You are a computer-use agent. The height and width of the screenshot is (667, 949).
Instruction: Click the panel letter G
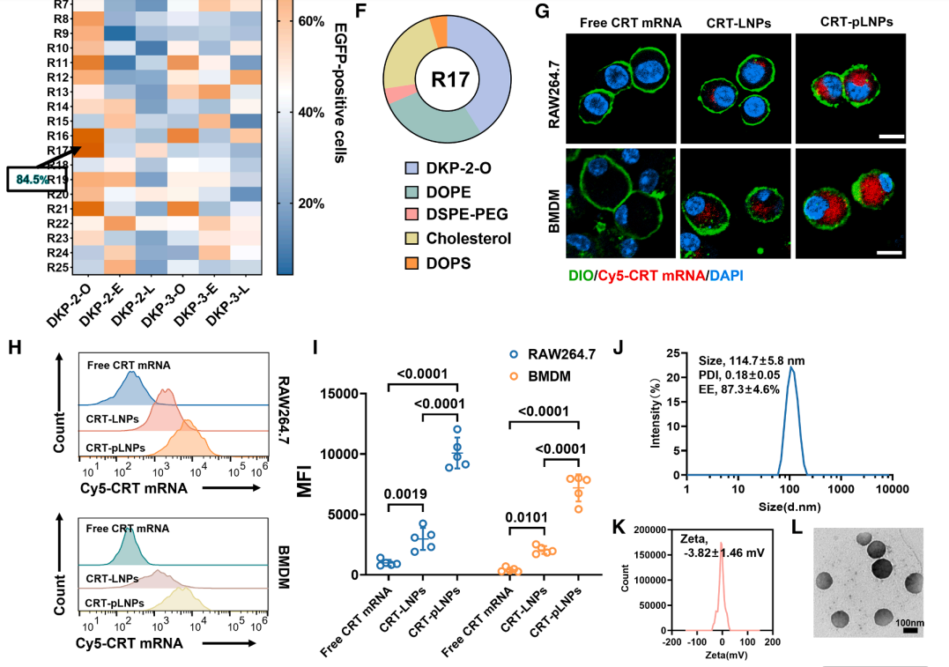coord(543,11)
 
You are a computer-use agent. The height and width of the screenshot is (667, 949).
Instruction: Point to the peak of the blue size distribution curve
coord(792,368)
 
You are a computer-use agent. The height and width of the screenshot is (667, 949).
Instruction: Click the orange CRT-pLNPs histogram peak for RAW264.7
coord(189,423)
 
